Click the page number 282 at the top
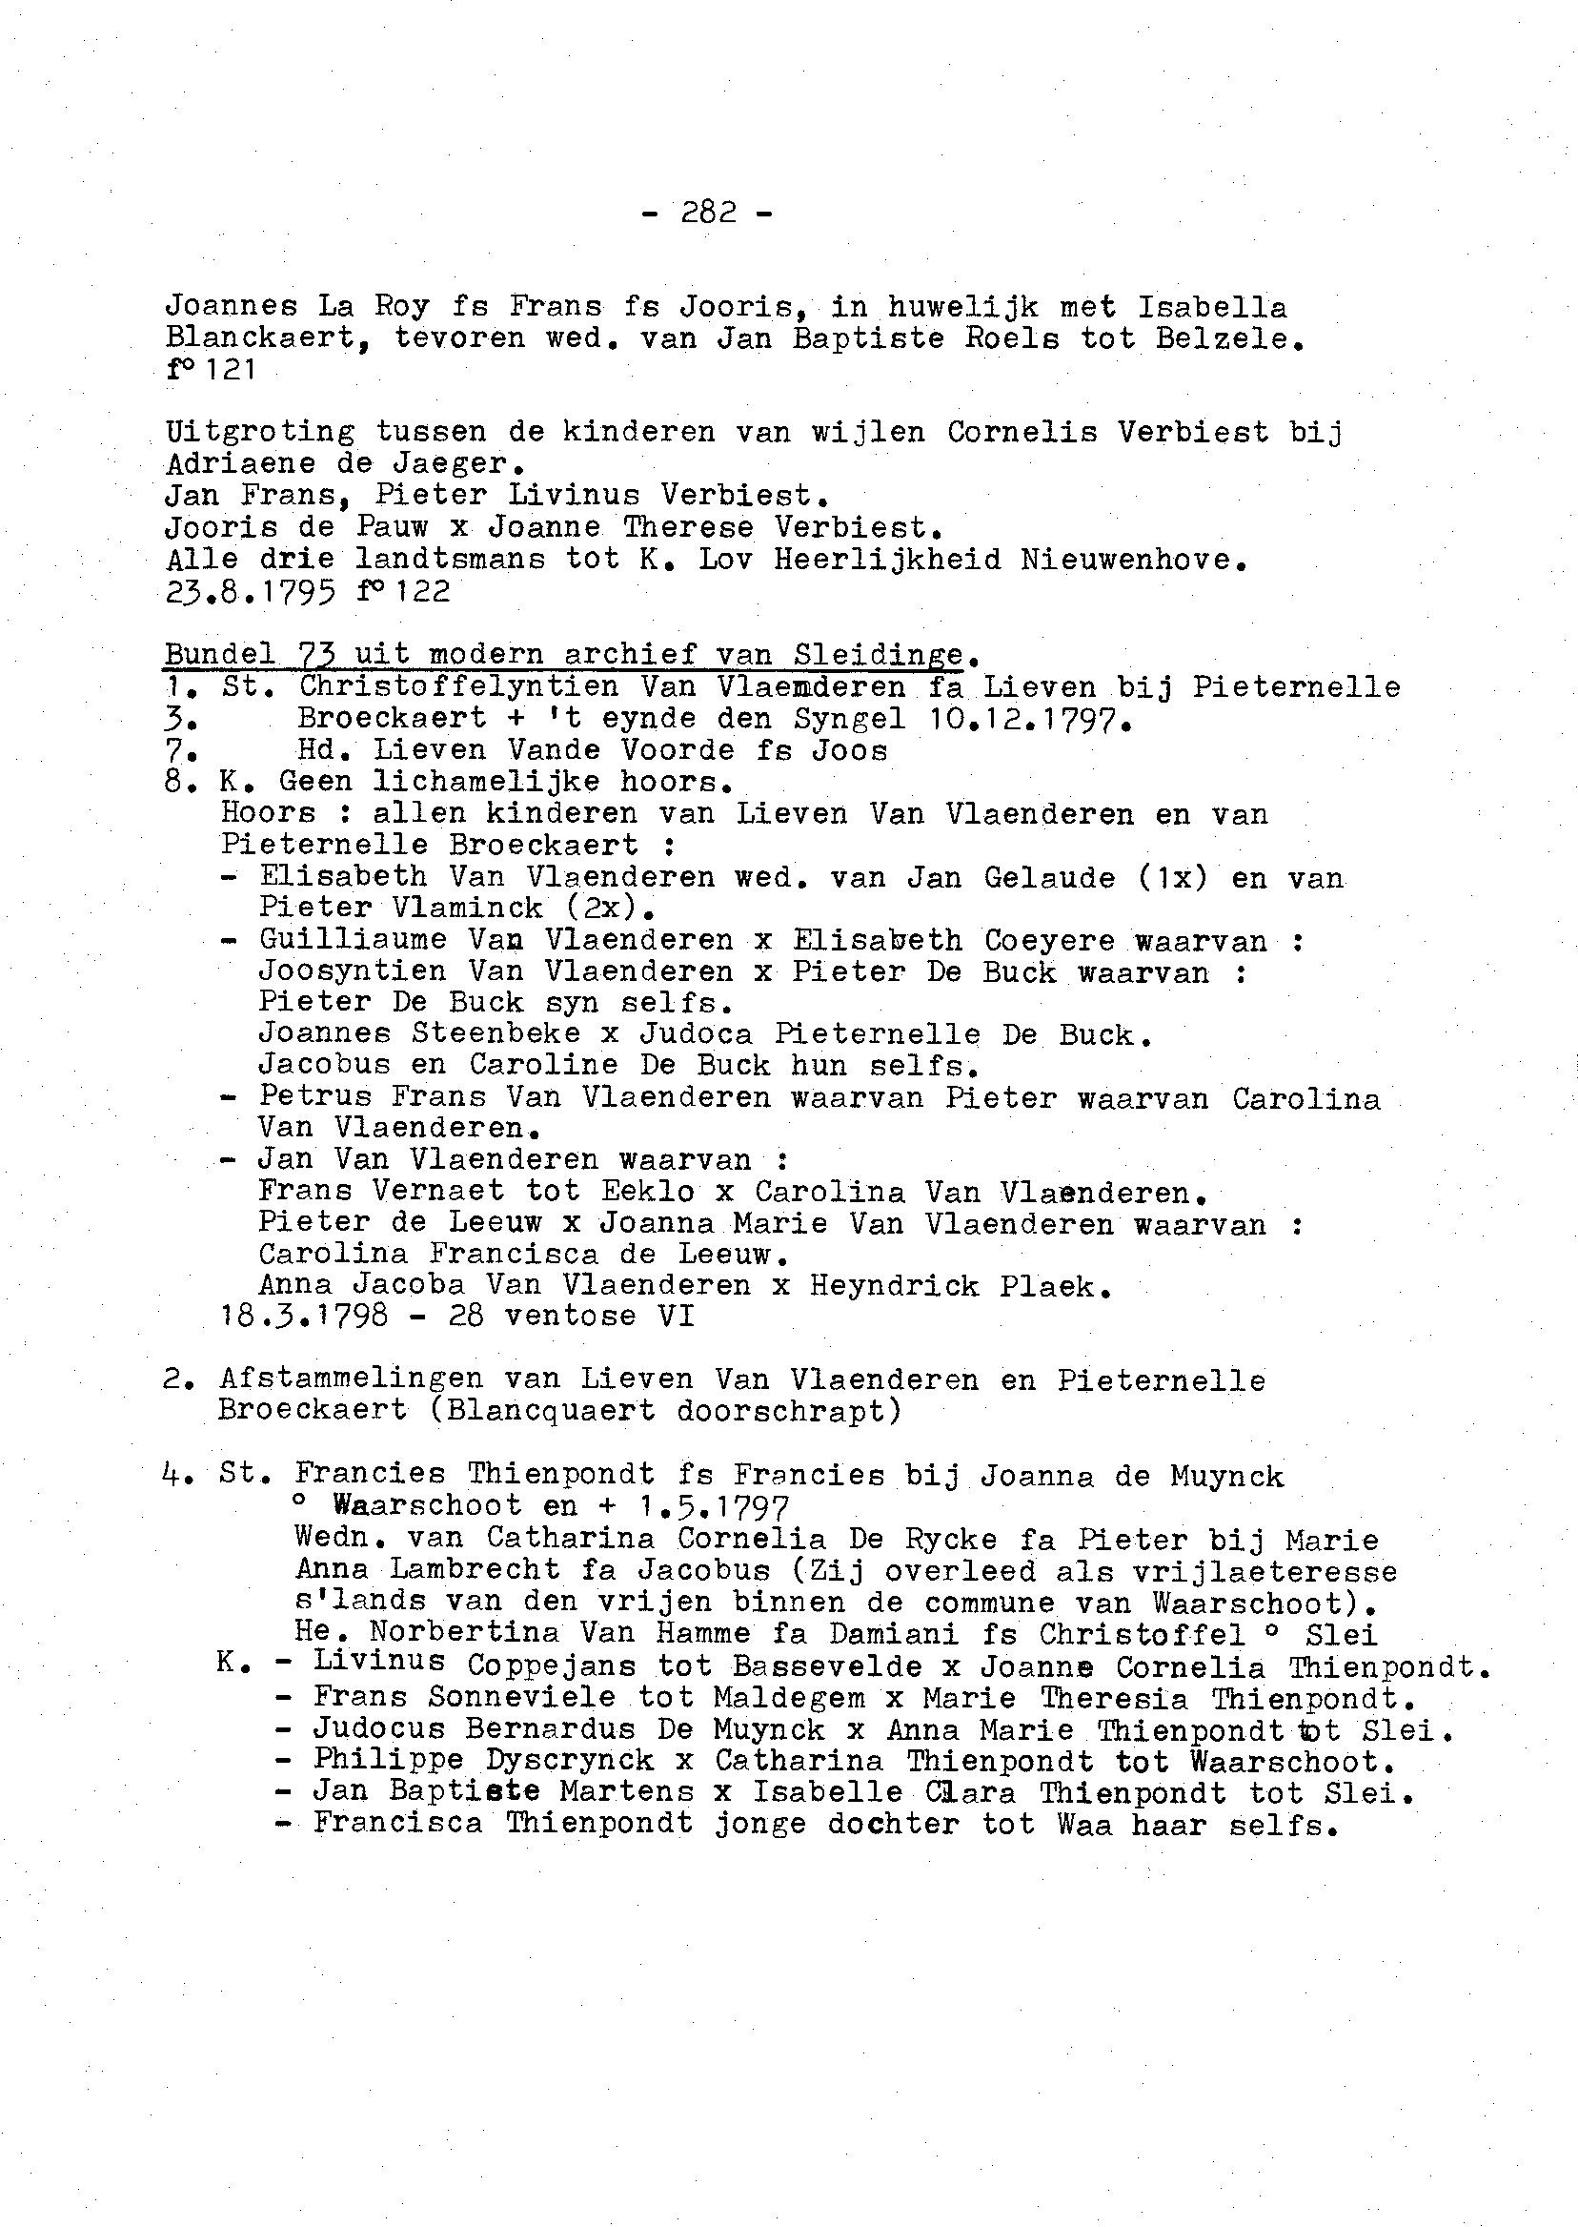point(708,212)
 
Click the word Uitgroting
point(259,433)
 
